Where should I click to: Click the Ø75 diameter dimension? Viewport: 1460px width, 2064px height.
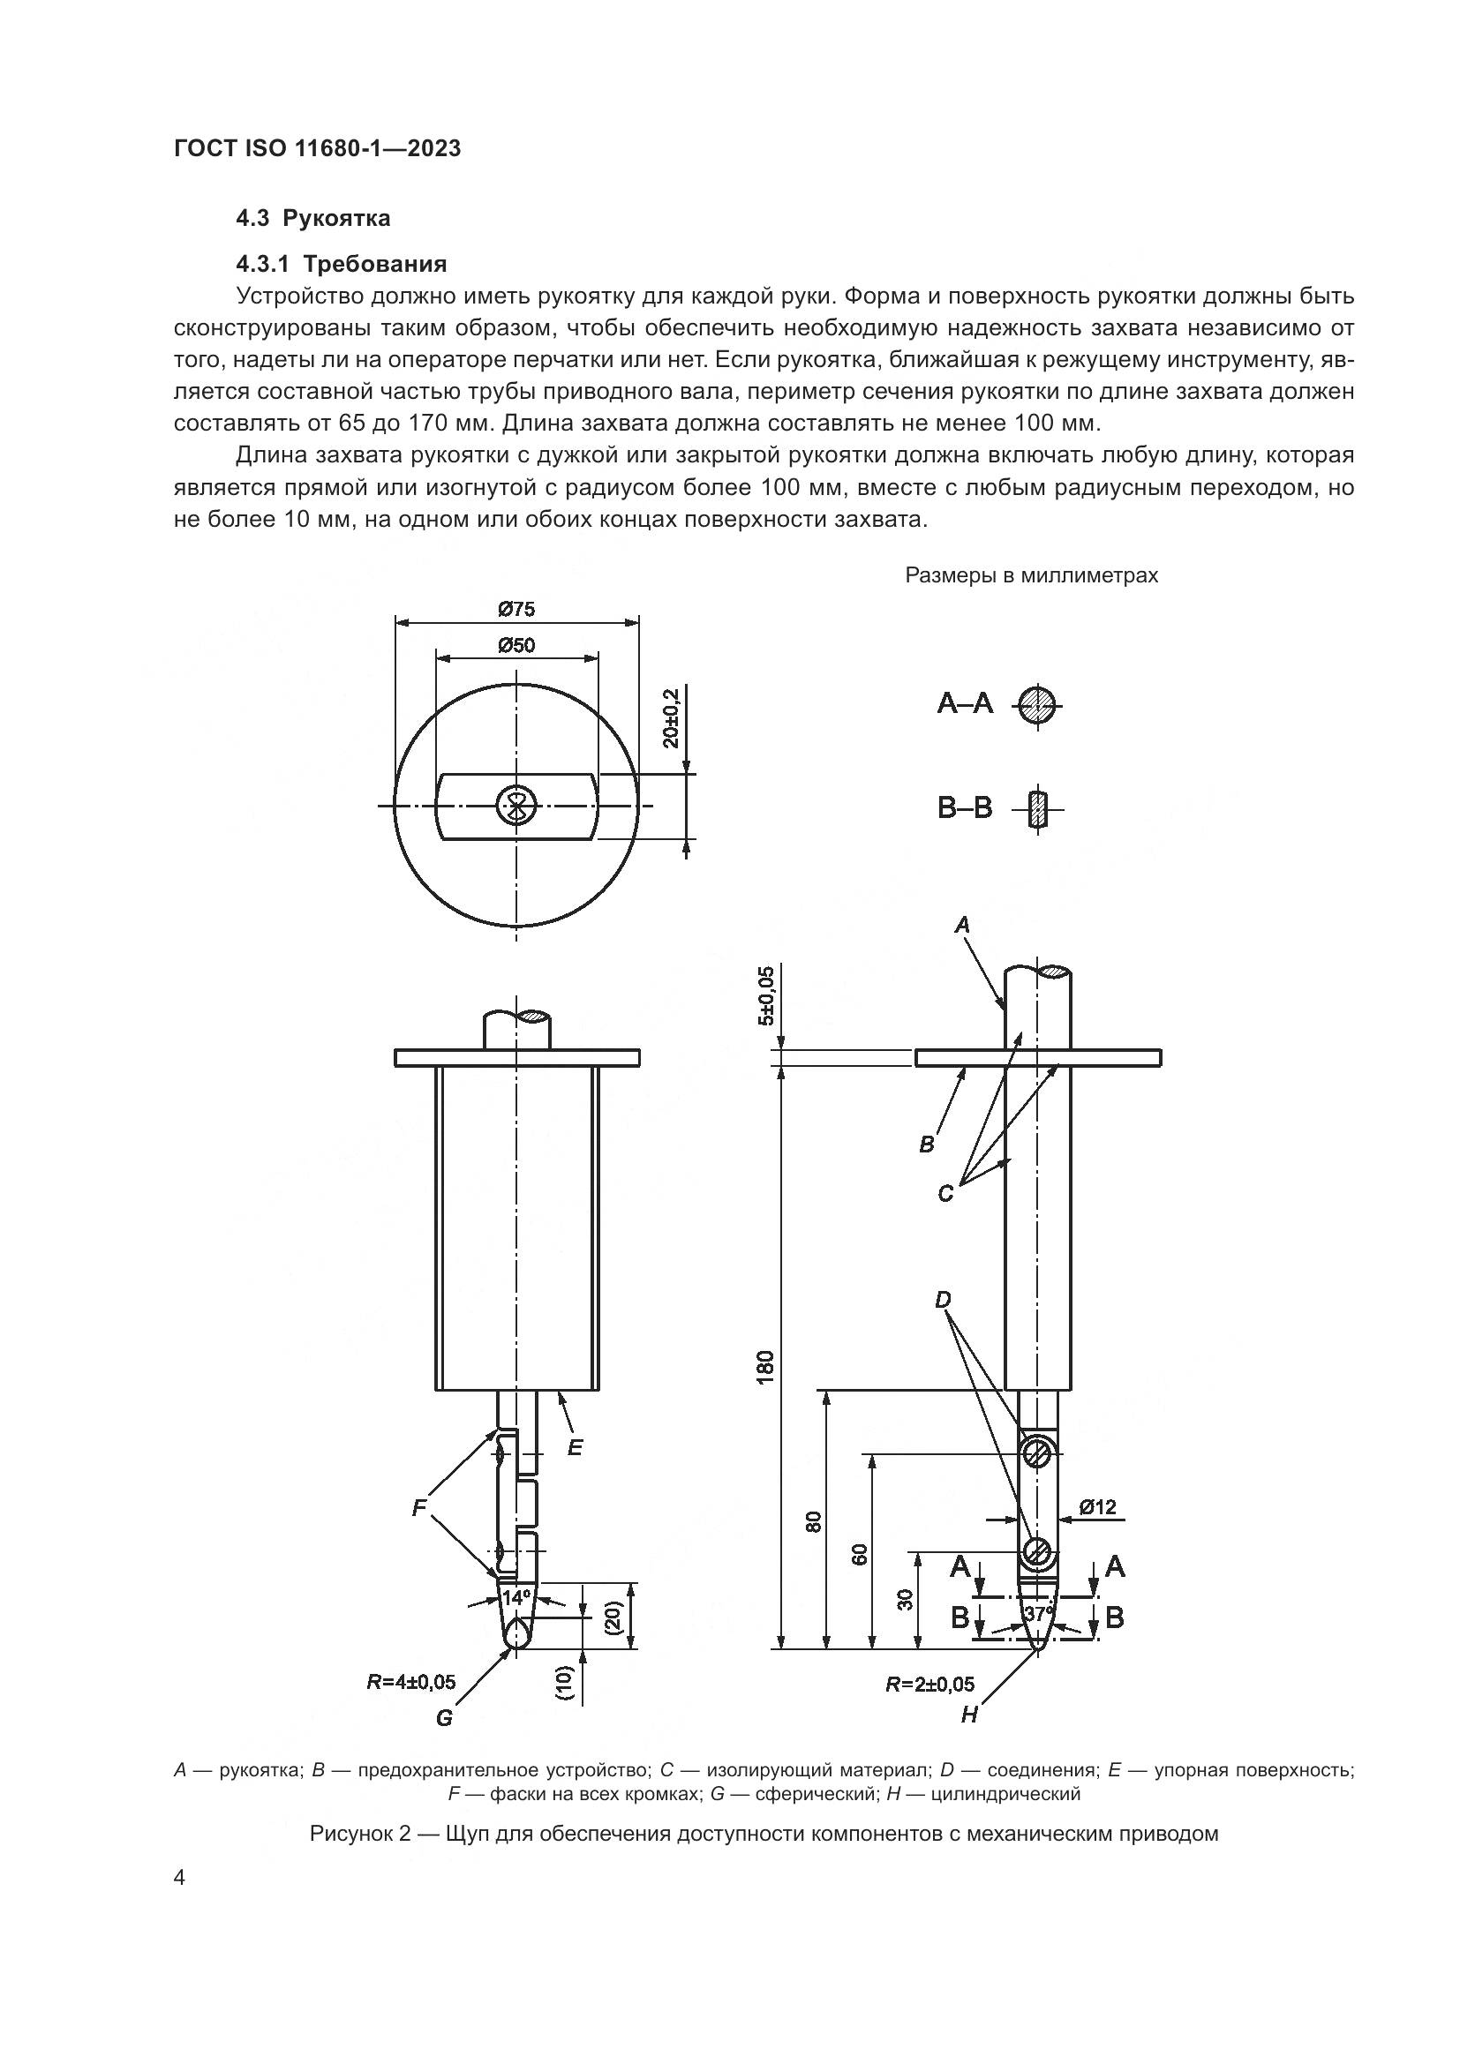click(516, 610)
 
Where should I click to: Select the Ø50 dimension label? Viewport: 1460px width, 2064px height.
click(516, 645)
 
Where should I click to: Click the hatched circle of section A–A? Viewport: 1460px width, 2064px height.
click(1037, 704)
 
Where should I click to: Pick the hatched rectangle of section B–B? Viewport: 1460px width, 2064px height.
click(1038, 809)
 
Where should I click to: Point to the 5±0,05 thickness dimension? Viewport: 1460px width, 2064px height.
click(765, 996)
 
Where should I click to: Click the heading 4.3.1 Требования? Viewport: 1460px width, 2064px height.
click(342, 265)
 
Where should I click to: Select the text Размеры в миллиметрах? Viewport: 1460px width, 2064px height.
click(1031, 575)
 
